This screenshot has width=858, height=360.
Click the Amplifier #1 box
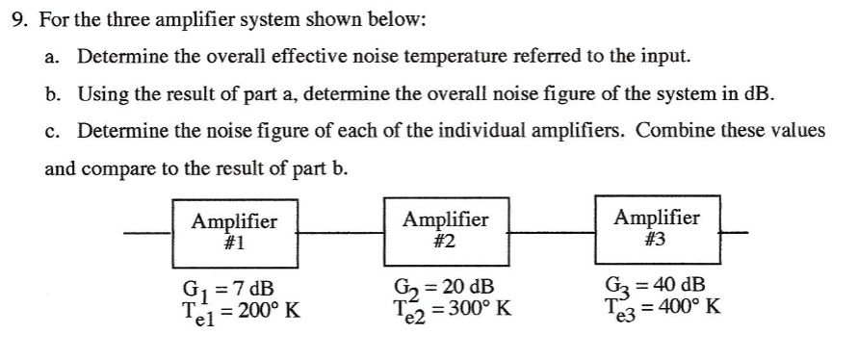click(x=233, y=232)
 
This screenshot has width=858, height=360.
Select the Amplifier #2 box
click(x=444, y=232)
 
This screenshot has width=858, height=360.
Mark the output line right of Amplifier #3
click(x=733, y=232)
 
